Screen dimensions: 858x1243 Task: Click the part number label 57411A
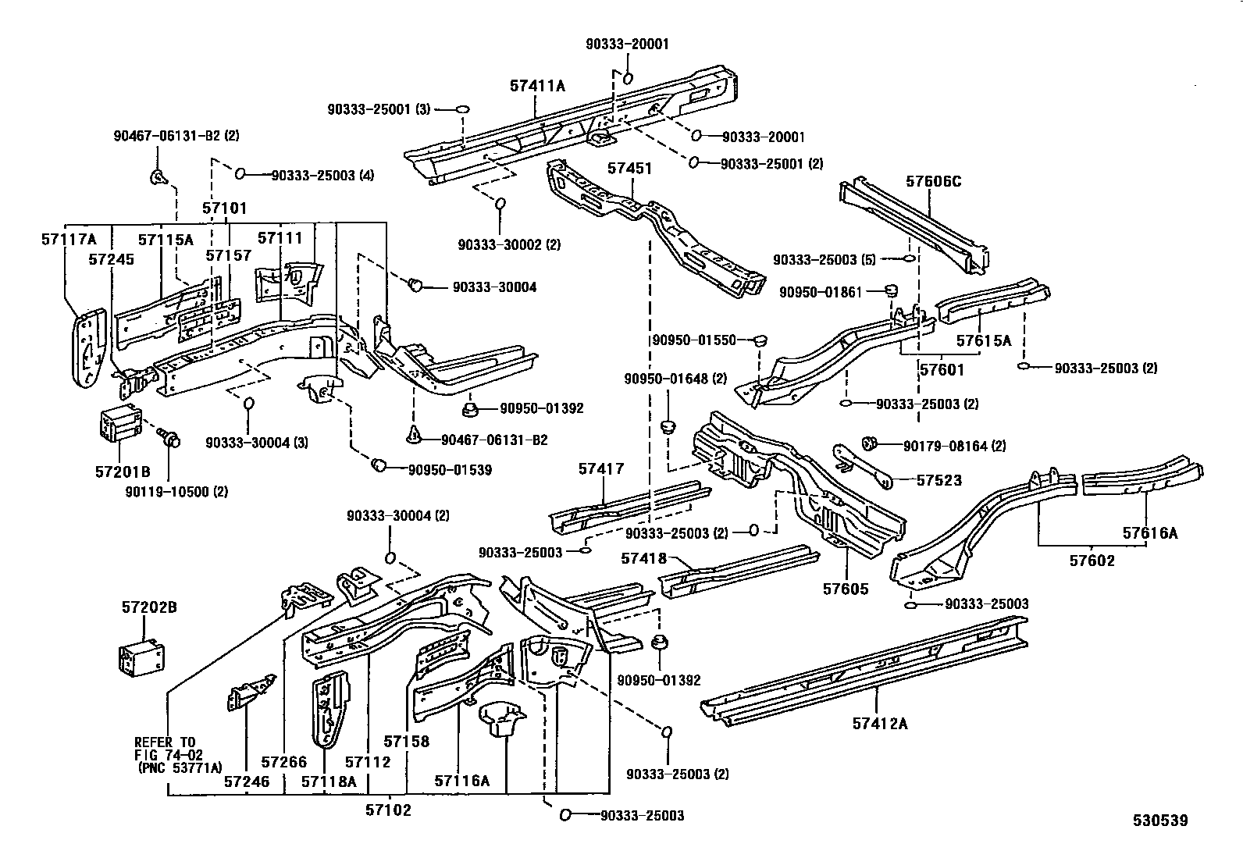click(537, 87)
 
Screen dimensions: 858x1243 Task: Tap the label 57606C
click(933, 182)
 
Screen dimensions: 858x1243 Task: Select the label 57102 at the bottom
click(387, 810)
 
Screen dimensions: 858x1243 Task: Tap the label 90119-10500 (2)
click(176, 492)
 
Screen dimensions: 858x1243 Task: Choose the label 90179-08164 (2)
click(954, 447)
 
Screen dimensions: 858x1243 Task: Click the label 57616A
click(1150, 533)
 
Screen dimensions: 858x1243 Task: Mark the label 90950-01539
click(450, 469)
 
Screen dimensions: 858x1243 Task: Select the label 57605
click(845, 589)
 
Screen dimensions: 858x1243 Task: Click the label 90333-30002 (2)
click(509, 244)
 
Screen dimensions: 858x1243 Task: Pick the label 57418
click(644, 558)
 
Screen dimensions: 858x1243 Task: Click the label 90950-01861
click(821, 292)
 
